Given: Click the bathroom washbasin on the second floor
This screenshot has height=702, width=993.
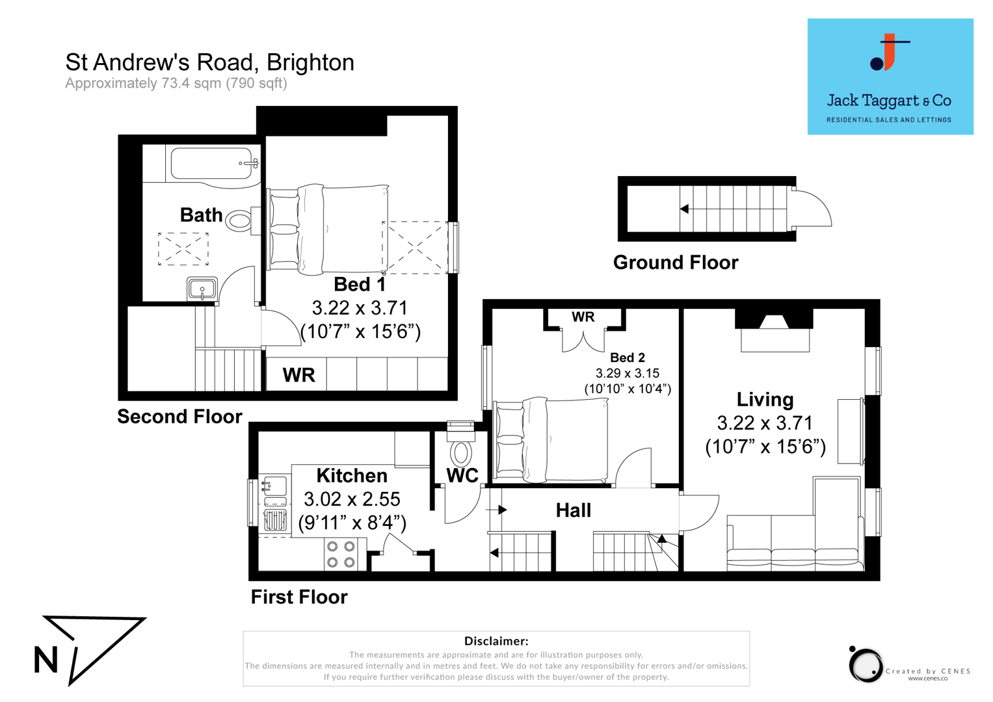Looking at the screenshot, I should tap(202, 289).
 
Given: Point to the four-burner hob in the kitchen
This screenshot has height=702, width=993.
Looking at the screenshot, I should tap(341, 554).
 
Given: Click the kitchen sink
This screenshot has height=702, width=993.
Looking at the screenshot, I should tap(275, 486).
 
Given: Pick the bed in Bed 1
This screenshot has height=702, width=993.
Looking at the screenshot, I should tap(329, 229).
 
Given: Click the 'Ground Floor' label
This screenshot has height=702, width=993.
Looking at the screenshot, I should tap(675, 263).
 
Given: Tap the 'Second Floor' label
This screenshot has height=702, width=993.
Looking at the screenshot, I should tap(179, 417).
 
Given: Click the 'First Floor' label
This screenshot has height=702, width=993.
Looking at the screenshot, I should tap(299, 597).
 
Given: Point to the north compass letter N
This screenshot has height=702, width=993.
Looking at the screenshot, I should tap(46, 660).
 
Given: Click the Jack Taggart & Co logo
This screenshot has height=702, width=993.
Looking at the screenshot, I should tap(890, 77).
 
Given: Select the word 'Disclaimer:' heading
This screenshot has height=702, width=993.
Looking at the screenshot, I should tap(496, 641).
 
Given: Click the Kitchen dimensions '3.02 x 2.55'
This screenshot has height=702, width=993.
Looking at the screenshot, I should tap(352, 499).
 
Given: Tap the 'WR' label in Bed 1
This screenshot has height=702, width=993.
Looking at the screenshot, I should tap(298, 375).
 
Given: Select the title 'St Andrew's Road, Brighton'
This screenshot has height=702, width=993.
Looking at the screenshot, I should tap(209, 62).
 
